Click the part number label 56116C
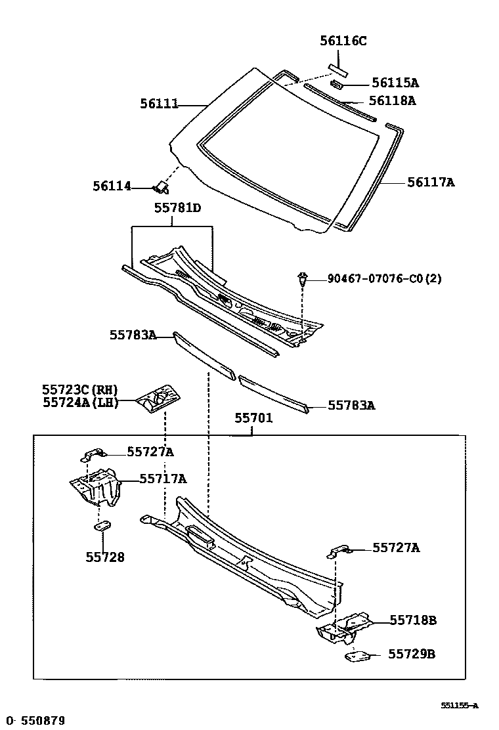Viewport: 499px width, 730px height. pyautogui.click(x=343, y=41)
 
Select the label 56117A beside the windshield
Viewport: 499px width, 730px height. pyautogui.click(x=431, y=182)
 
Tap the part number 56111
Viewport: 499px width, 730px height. pyautogui.click(x=159, y=104)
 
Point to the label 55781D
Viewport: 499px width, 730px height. pyautogui.click(x=177, y=208)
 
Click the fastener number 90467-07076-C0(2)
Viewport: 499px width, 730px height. pyautogui.click(x=384, y=279)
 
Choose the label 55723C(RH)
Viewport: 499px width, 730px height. pyautogui.click(x=80, y=390)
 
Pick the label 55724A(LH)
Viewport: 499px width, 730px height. pyautogui.click(x=80, y=402)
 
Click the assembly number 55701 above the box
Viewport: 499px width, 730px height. pyautogui.click(x=253, y=418)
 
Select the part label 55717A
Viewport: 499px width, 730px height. pyautogui.click(x=162, y=479)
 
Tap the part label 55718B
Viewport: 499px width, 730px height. pyautogui.click(x=412, y=620)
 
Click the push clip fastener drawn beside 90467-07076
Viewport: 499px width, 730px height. pyautogui.click(x=302, y=280)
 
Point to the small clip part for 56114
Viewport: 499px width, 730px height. pyautogui.click(x=160, y=189)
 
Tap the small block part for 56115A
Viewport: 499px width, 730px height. pyautogui.click(x=337, y=83)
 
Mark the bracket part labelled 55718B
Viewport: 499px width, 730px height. pyautogui.click(x=345, y=628)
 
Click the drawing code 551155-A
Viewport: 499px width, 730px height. pyautogui.click(x=459, y=706)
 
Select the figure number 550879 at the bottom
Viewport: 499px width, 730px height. pyautogui.click(x=43, y=720)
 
